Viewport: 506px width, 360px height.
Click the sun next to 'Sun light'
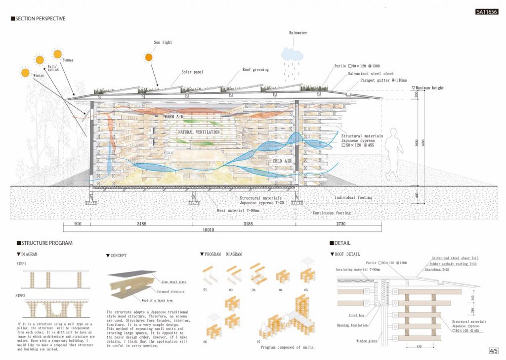coord(149,57)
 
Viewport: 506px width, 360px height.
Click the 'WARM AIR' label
coord(173,116)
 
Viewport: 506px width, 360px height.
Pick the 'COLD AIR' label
coord(283,161)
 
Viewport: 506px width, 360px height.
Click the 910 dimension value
coord(78,224)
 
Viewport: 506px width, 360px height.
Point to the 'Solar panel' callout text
coord(192,72)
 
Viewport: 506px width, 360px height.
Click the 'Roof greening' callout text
coord(255,70)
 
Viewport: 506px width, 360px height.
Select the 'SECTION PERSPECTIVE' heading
coord(39,19)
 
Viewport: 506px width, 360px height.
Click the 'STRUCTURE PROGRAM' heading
coord(45,243)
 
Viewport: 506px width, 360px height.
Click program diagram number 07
coord(257,342)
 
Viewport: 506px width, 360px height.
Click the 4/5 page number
coord(493,351)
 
